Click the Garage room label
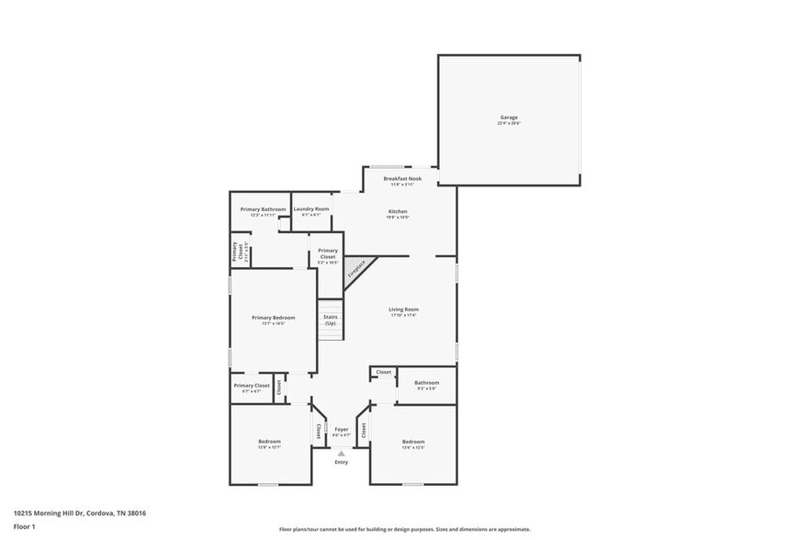click(509, 118)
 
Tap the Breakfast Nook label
click(402, 178)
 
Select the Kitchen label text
click(397, 212)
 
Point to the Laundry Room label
click(311, 209)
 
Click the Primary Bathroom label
click(264, 209)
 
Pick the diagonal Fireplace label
click(356, 269)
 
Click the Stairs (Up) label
click(330, 321)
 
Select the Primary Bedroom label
click(274, 318)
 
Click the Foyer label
click(341, 429)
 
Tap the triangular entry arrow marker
click(342, 453)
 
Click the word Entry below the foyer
click(342, 462)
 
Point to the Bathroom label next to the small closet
click(426, 383)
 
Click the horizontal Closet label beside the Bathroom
click(383, 372)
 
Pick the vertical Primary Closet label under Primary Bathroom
click(235, 250)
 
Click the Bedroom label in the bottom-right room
click(413, 442)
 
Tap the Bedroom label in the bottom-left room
click(269, 442)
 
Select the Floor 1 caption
click(24, 526)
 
